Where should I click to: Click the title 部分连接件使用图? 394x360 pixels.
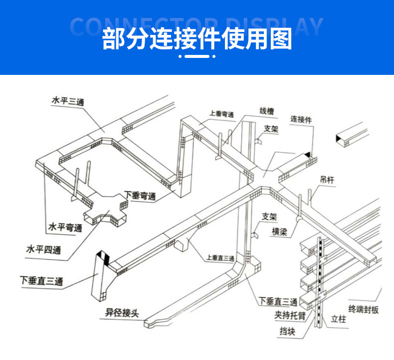[x=197, y=39]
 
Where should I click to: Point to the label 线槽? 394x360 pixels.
[x=266, y=111]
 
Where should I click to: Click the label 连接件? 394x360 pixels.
[x=301, y=119]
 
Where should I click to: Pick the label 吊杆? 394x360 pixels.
[x=327, y=180]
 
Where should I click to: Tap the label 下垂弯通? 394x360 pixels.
[x=140, y=196]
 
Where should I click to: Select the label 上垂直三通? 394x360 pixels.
[x=220, y=258]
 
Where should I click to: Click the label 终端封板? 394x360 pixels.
[x=363, y=310]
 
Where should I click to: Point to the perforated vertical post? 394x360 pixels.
[x=318, y=280]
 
